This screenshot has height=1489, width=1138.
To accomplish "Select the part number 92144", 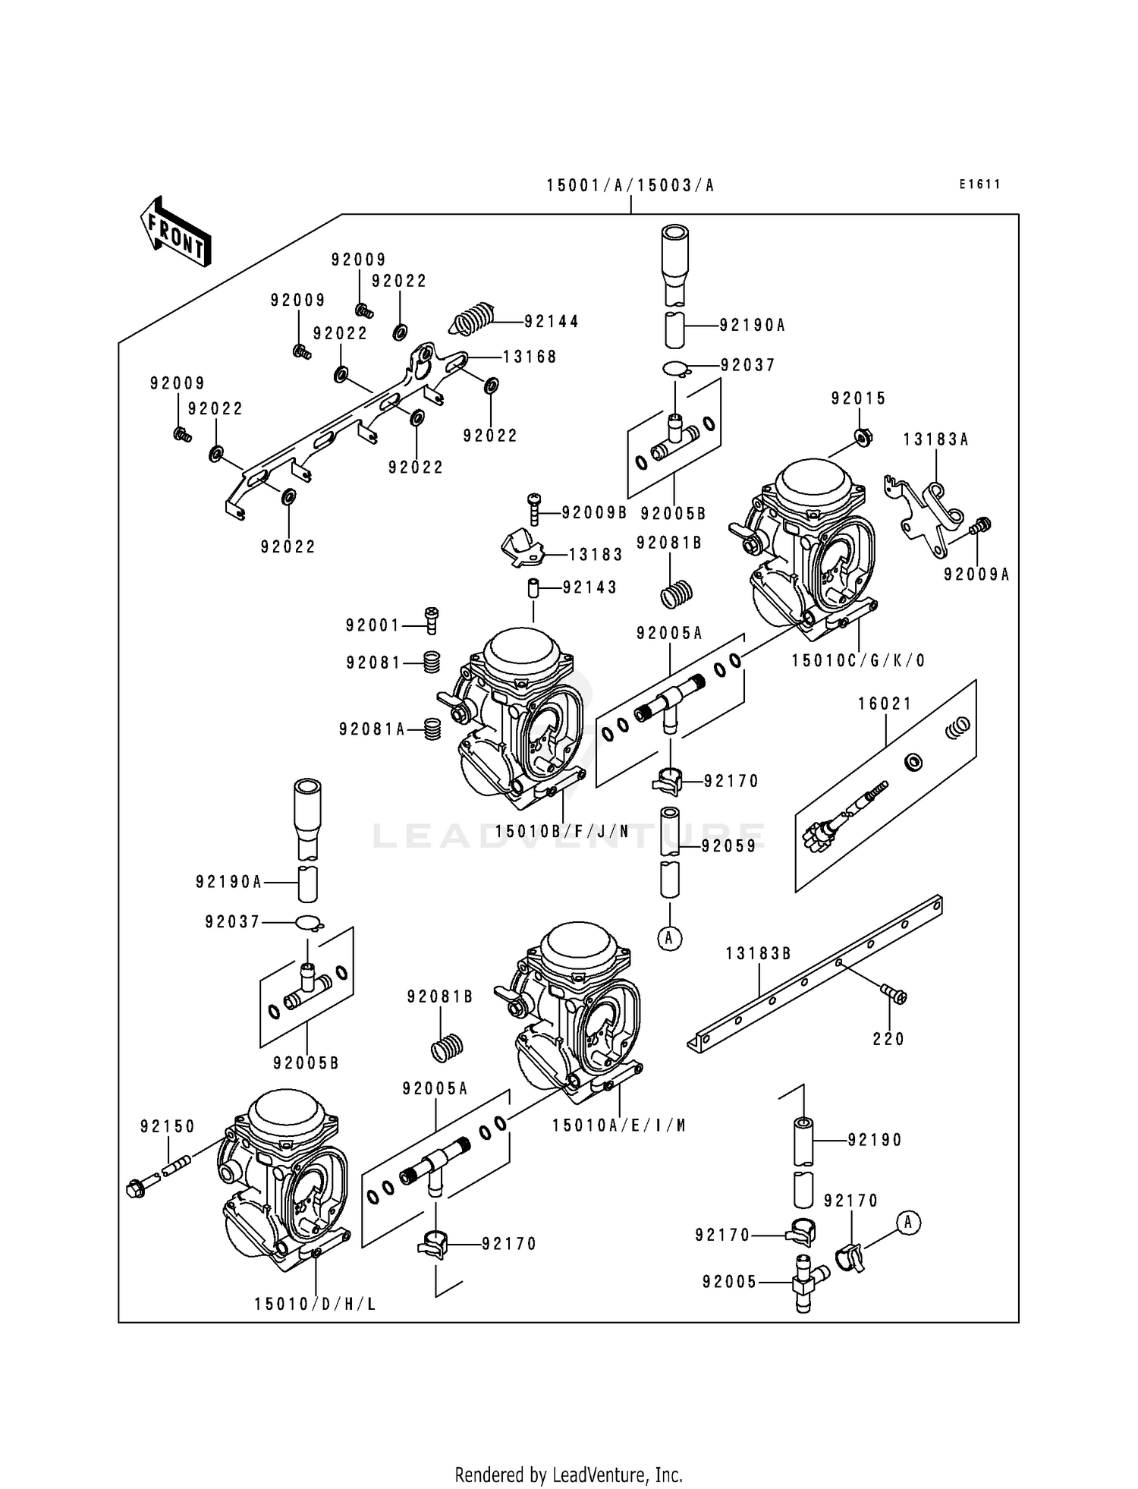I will tap(551, 322).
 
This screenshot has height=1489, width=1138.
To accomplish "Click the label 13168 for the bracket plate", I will tap(530, 357).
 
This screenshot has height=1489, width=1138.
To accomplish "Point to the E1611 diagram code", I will tap(979, 184).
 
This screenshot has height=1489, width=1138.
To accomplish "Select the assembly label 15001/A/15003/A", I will tap(630, 186).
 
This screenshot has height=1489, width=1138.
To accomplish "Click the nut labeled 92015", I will tap(861, 438).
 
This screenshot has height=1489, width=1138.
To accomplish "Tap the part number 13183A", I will tap(935, 440).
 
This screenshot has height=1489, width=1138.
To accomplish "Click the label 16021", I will tap(885, 704).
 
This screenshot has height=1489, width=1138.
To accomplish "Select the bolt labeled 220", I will tap(893, 995).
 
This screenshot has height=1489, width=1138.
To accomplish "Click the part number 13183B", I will tap(758, 954).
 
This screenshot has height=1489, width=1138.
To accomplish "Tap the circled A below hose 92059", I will tap(669, 939).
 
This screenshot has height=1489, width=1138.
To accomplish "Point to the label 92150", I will tap(167, 1127).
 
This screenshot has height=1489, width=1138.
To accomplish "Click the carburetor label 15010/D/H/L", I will tap(315, 1305).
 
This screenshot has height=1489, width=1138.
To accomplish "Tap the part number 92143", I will tap(589, 587).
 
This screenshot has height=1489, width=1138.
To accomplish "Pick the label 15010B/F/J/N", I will tap(562, 832).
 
